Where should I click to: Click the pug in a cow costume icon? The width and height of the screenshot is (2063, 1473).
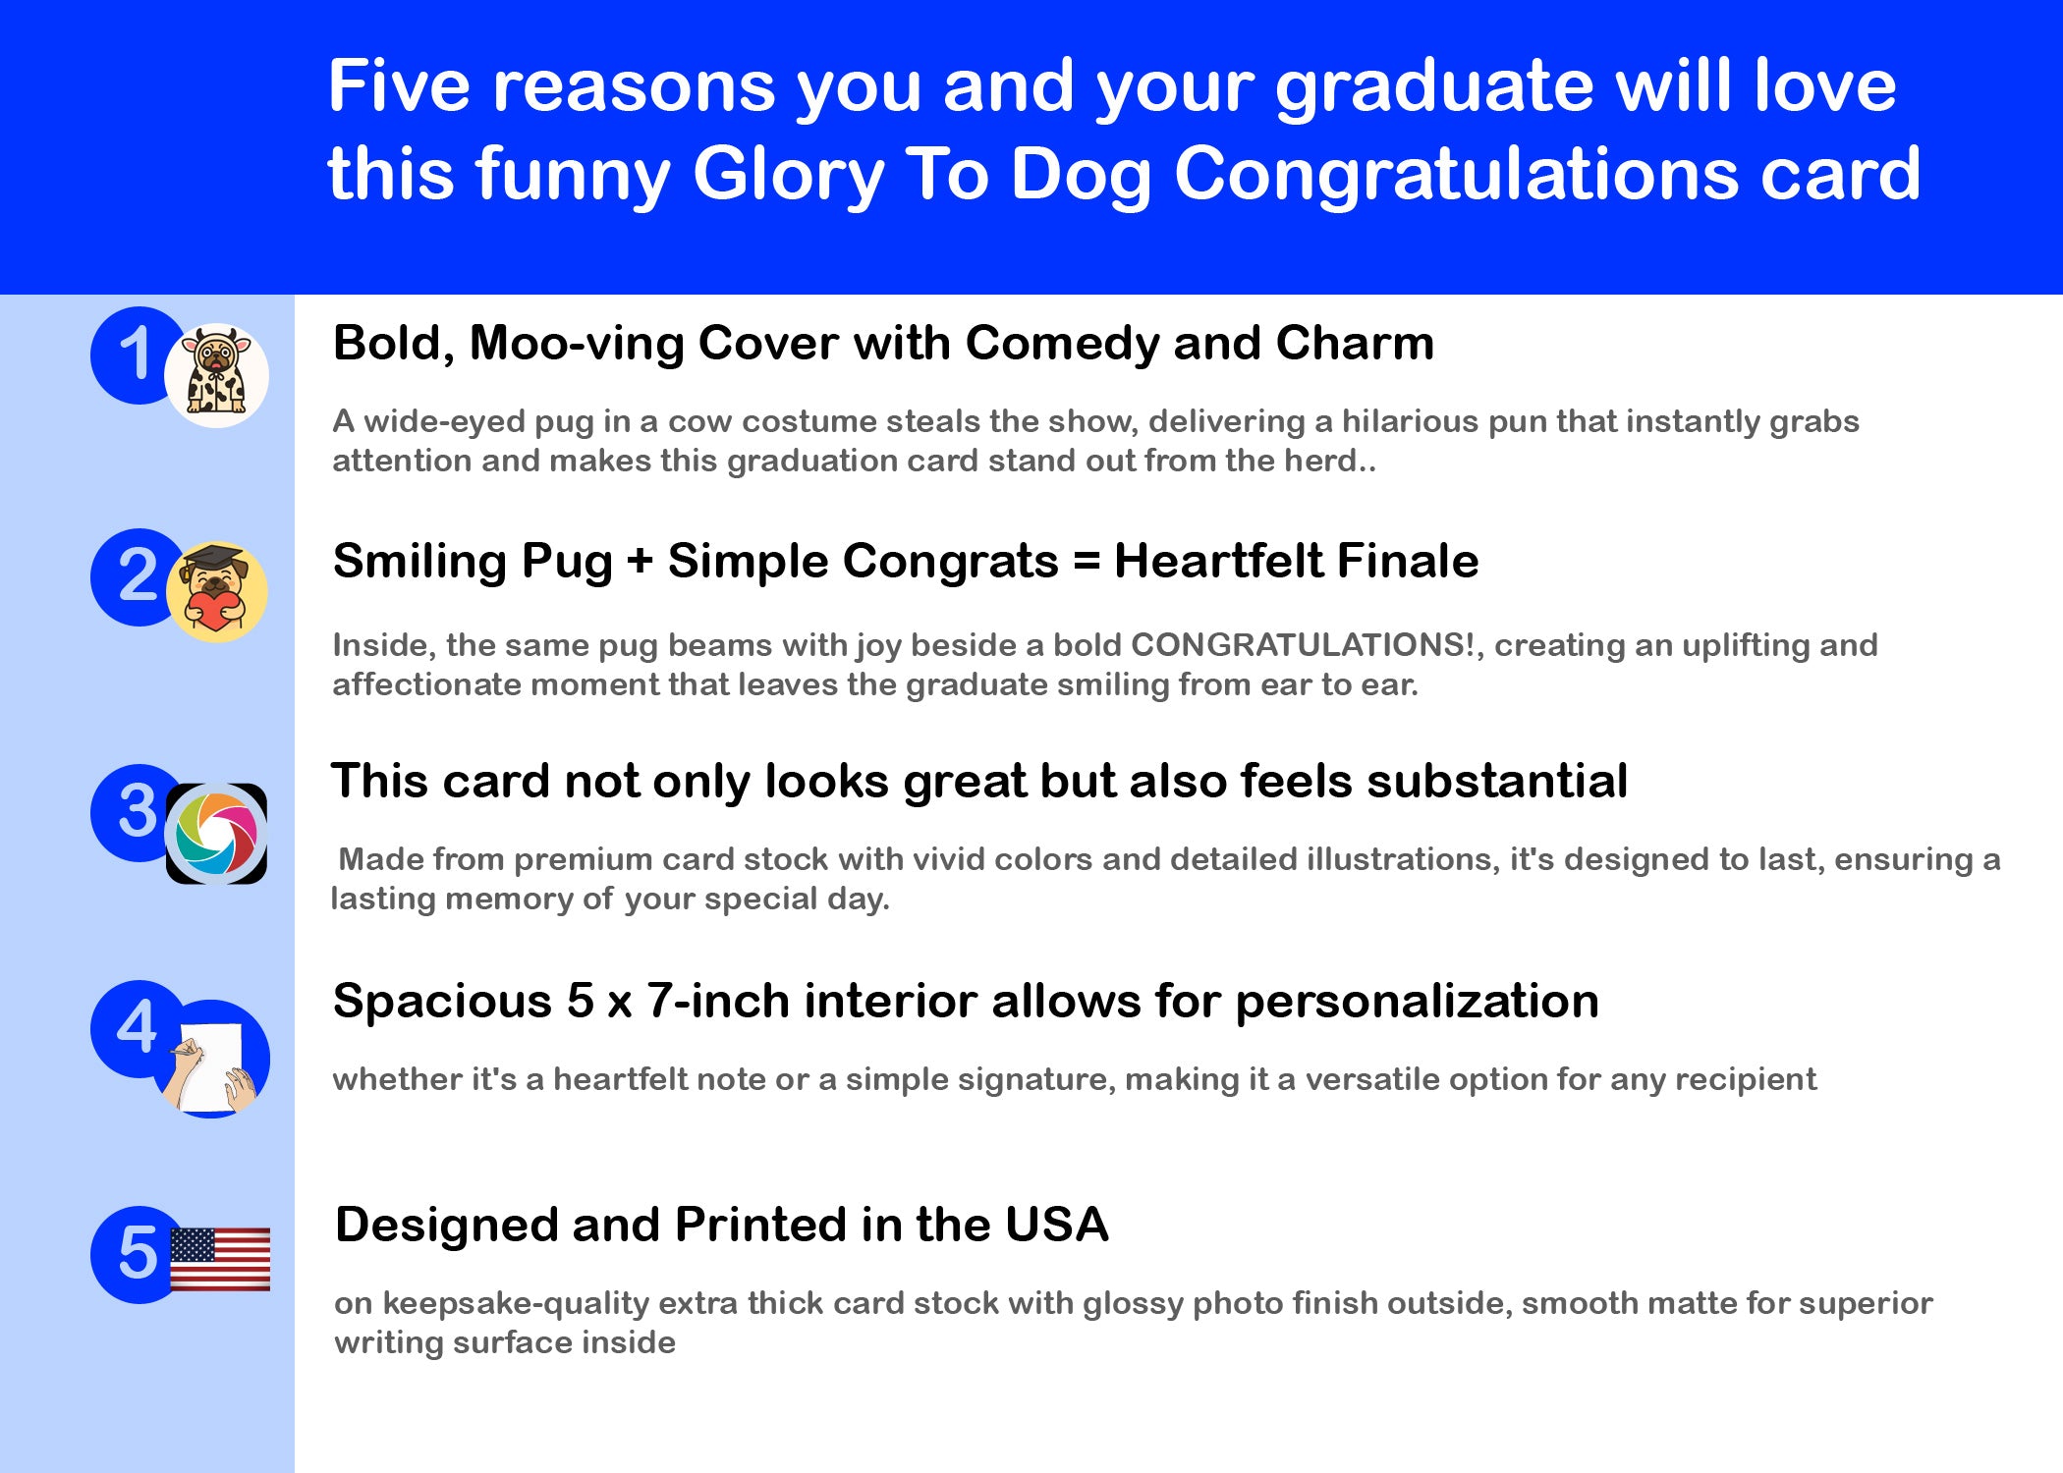click(216, 375)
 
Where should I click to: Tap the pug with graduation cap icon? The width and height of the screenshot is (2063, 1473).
click(216, 591)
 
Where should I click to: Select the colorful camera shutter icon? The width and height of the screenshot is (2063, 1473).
click(216, 834)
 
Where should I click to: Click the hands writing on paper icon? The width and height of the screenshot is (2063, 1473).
click(210, 1060)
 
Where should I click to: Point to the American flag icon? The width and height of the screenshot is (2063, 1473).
click(220, 1259)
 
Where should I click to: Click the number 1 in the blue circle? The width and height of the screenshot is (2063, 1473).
click(136, 354)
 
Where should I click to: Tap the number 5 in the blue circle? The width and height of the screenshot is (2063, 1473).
click(138, 1253)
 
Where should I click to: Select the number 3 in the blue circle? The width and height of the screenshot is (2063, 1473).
click(138, 811)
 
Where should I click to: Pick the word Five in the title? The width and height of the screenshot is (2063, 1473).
click(400, 85)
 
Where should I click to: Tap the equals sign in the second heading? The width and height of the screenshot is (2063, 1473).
click(1087, 563)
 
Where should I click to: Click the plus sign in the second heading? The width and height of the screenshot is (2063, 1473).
click(640, 563)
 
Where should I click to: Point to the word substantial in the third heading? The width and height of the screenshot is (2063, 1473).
click(1497, 782)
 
